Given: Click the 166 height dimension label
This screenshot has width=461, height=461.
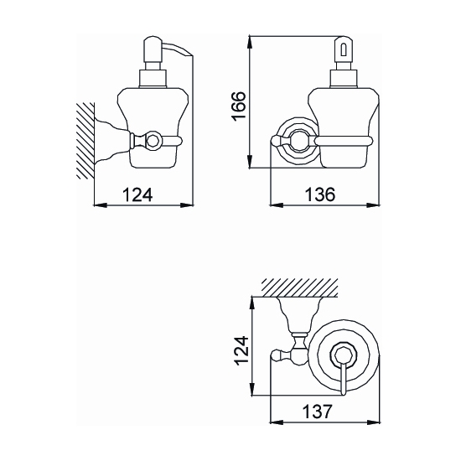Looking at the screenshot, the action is tap(238, 106).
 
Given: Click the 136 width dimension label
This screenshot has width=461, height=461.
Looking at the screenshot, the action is tap(320, 194).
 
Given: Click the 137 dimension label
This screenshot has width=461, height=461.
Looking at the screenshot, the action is tap(317, 412).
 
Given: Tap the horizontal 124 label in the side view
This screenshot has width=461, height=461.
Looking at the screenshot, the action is tap(137, 194).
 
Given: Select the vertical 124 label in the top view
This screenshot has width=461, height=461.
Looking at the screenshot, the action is tap(241, 350).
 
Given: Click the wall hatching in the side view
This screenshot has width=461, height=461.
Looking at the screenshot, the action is tap(85, 141).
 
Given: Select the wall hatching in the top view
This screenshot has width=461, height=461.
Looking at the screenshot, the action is tap(299, 287).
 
